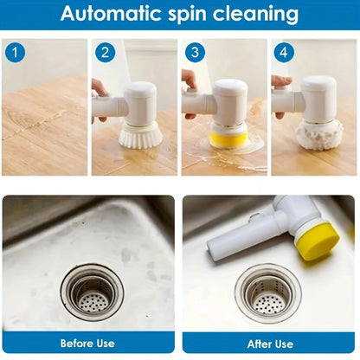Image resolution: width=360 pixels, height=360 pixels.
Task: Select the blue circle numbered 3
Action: pyautogui.click(x=196, y=53)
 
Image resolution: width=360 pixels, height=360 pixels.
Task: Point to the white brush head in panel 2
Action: pyautogui.click(x=138, y=134)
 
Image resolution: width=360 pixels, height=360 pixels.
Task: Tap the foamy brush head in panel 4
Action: pyautogui.click(x=318, y=134)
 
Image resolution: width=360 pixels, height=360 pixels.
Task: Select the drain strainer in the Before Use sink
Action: pyautogui.click(x=92, y=292)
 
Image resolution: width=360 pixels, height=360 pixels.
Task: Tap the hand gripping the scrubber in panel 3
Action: pyautogui.click(x=189, y=82)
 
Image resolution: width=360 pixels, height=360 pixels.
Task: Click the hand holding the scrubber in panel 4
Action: pyautogui.click(x=281, y=83)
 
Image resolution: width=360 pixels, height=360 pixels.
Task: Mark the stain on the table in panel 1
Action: pyautogui.click(x=35, y=125)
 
